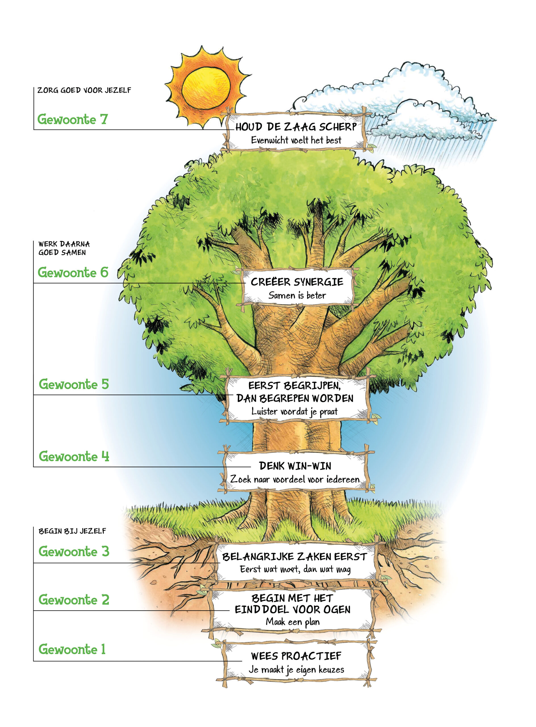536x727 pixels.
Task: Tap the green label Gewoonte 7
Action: (72, 119)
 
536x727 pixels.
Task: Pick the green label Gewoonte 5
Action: (74, 384)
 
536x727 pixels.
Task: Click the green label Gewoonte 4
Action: (74, 456)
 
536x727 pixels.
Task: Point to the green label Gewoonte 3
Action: (74, 551)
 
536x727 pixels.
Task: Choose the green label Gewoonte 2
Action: (74, 599)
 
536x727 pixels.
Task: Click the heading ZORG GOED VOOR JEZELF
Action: (84, 90)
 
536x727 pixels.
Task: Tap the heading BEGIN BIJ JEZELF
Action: (72, 531)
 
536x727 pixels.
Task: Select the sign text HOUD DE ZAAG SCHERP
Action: (296, 127)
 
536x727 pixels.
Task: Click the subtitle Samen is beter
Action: (297, 295)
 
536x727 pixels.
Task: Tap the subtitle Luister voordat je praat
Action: (294, 412)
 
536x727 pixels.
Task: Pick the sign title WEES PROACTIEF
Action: (296, 656)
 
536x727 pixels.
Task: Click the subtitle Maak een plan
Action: (293, 622)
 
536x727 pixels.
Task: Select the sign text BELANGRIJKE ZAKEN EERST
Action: (294, 557)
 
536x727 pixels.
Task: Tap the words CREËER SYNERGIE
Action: (297, 282)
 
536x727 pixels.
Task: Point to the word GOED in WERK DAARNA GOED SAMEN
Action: (48, 252)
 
